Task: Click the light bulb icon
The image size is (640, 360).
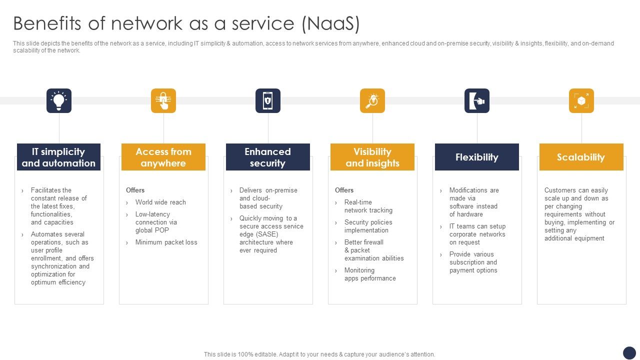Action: click(59, 101)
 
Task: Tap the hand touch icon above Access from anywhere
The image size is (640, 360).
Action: click(163, 101)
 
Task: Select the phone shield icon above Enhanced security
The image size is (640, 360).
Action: click(268, 101)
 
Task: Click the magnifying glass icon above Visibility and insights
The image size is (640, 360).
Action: click(372, 101)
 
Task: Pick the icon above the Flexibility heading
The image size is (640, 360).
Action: click(477, 101)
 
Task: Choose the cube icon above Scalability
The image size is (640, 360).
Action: click(581, 101)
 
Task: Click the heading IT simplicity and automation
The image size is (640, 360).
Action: click(59, 157)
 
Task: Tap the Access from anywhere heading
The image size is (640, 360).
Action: click(163, 157)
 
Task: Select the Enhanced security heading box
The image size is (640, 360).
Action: click(268, 157)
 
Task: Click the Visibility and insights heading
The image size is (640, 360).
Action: click(372, 157)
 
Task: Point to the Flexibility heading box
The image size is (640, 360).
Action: click(477, 157)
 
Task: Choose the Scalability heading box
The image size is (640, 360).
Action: click(581, 157)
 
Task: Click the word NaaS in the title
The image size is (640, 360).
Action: click(331, 23)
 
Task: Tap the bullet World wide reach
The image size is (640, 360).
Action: click(160, 202)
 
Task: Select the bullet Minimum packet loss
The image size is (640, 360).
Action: click(166, 242)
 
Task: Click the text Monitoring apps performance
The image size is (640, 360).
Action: click(369, 274)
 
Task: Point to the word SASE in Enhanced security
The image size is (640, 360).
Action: click(268, 234)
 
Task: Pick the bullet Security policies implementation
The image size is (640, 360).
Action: click(368, 226)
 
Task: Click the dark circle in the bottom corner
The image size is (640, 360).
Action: click(629, 353)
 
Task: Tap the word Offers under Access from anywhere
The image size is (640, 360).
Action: click(135, 190)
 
